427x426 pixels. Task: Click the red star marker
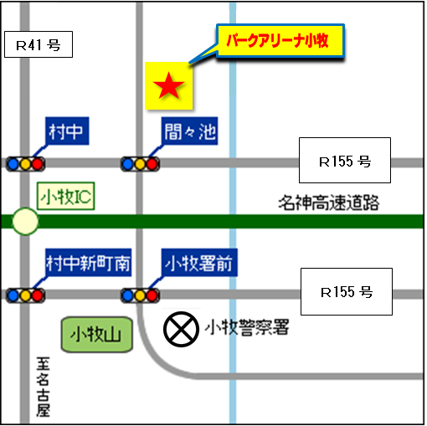coord(169,85)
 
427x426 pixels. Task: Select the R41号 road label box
coord(39,45)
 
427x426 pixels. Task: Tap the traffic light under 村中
coord(25,163)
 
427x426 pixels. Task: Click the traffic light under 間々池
coord(140,163)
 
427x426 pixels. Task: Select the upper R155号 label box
coord(344,161)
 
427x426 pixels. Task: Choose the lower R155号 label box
coord(346,292)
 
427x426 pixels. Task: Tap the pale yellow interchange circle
coord(25,222)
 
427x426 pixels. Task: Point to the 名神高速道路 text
coord(329,203)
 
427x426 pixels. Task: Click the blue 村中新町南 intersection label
coord(88,264)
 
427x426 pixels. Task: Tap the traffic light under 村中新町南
coord(25,295)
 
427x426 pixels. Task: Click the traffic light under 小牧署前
coord(140,295)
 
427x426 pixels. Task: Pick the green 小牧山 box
coord(96,335)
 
